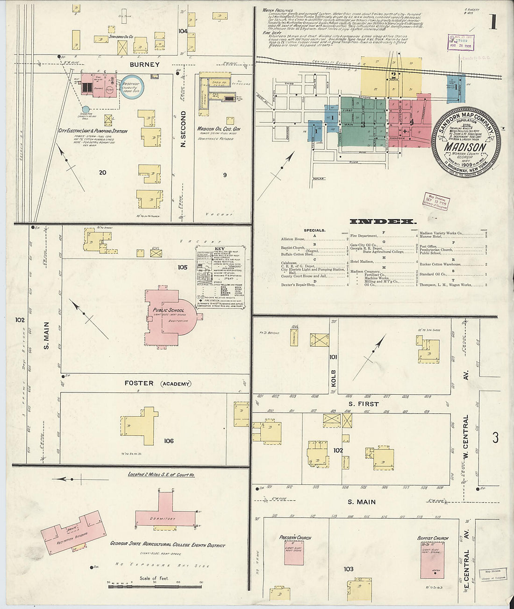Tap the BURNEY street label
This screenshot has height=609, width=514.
(144, 64)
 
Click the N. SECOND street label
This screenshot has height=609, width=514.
(183, 129)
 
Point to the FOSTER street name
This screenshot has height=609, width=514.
(139, 383)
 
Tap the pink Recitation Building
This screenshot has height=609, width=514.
(73, 533)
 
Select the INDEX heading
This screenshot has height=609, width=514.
(383, 221)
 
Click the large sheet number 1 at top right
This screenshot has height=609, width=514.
(493, 22)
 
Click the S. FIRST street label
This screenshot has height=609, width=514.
(363, 404)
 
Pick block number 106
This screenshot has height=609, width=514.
(169, 441)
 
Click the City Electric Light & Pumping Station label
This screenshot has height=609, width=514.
(93, 131)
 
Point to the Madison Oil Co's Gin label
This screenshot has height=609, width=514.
(218, 129)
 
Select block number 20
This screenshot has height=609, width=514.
(102, 173)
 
